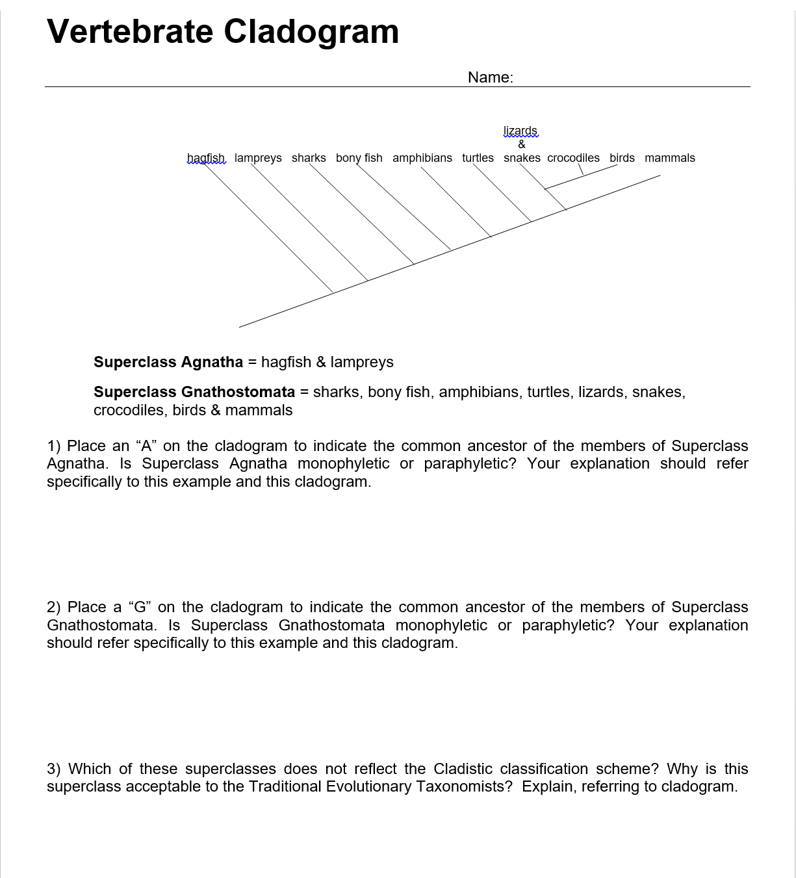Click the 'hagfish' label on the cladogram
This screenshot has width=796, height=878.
click(205, 158)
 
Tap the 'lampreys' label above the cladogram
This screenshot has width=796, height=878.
click(258, 158)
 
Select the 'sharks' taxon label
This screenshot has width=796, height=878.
click(309, 158)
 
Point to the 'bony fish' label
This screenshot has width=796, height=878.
click(359, 158)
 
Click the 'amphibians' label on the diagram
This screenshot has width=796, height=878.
click(422, 158)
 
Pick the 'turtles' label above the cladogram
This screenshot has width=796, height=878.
click(478, 158)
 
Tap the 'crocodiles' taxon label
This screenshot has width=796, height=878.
click(573, 158)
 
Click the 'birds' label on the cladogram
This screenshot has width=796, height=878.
click(622, 158)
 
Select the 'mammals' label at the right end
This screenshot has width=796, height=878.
click(669, 158)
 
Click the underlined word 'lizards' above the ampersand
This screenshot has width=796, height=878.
click(520, 131)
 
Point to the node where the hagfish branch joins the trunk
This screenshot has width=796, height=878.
click(333, 293)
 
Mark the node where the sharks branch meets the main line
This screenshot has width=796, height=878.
click(415, 264)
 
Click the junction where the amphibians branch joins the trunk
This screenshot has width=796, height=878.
click(491, 236)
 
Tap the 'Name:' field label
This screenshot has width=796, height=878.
click(490, 77)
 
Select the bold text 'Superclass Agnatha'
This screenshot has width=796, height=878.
click(168, 362)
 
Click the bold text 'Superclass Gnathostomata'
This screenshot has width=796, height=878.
click(194, 392)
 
